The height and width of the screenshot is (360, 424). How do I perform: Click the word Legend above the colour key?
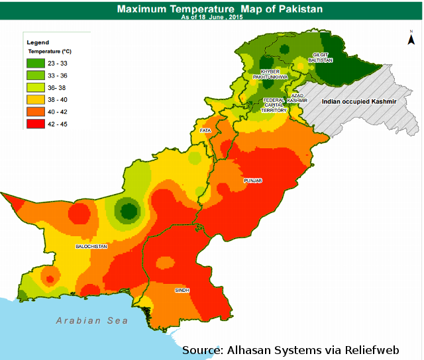[x=38, y=42]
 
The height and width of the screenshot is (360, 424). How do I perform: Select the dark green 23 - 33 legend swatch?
[x=35, y=64]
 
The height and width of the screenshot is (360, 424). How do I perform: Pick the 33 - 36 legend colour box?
[x=35, y=75]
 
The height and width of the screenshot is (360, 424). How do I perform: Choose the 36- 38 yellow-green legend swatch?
[x=35, y=87]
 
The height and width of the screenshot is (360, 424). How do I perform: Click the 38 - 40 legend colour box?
[x=35, y=99]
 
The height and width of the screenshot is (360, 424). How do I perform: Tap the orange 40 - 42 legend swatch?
[x=35, y=111]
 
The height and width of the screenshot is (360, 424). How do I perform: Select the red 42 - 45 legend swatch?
[x=35, y=124]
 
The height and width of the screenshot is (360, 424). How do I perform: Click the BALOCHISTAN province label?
[x=91, y=246]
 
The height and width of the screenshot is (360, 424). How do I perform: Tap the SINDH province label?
[x=182, y=290]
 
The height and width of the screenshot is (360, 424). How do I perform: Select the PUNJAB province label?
[x=253, y=180]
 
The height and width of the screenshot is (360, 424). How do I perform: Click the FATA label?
[x=205, y=131]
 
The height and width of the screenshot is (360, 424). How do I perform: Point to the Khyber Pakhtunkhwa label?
[x=274, y=74]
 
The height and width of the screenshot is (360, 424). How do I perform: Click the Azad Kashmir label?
[x=297, y=98]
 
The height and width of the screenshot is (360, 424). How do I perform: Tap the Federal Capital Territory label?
[x=273, y=105]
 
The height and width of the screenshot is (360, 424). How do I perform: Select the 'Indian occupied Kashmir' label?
[x=358, y=102]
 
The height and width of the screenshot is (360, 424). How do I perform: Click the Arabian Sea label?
[x=91, y=320]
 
